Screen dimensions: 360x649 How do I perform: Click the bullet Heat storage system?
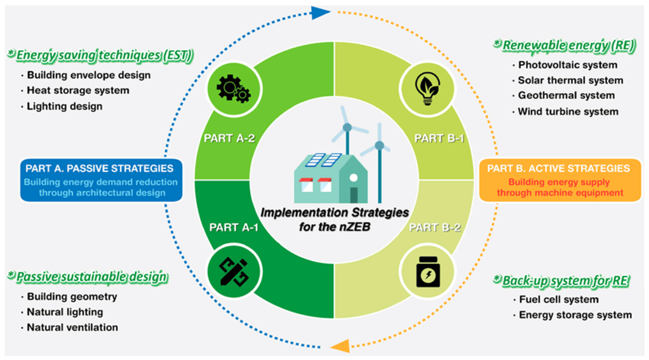click(x=78, y=91)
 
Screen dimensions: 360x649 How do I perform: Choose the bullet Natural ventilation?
click(x=72, y=328)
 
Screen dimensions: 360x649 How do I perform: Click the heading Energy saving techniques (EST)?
click(x=100, y=55)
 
